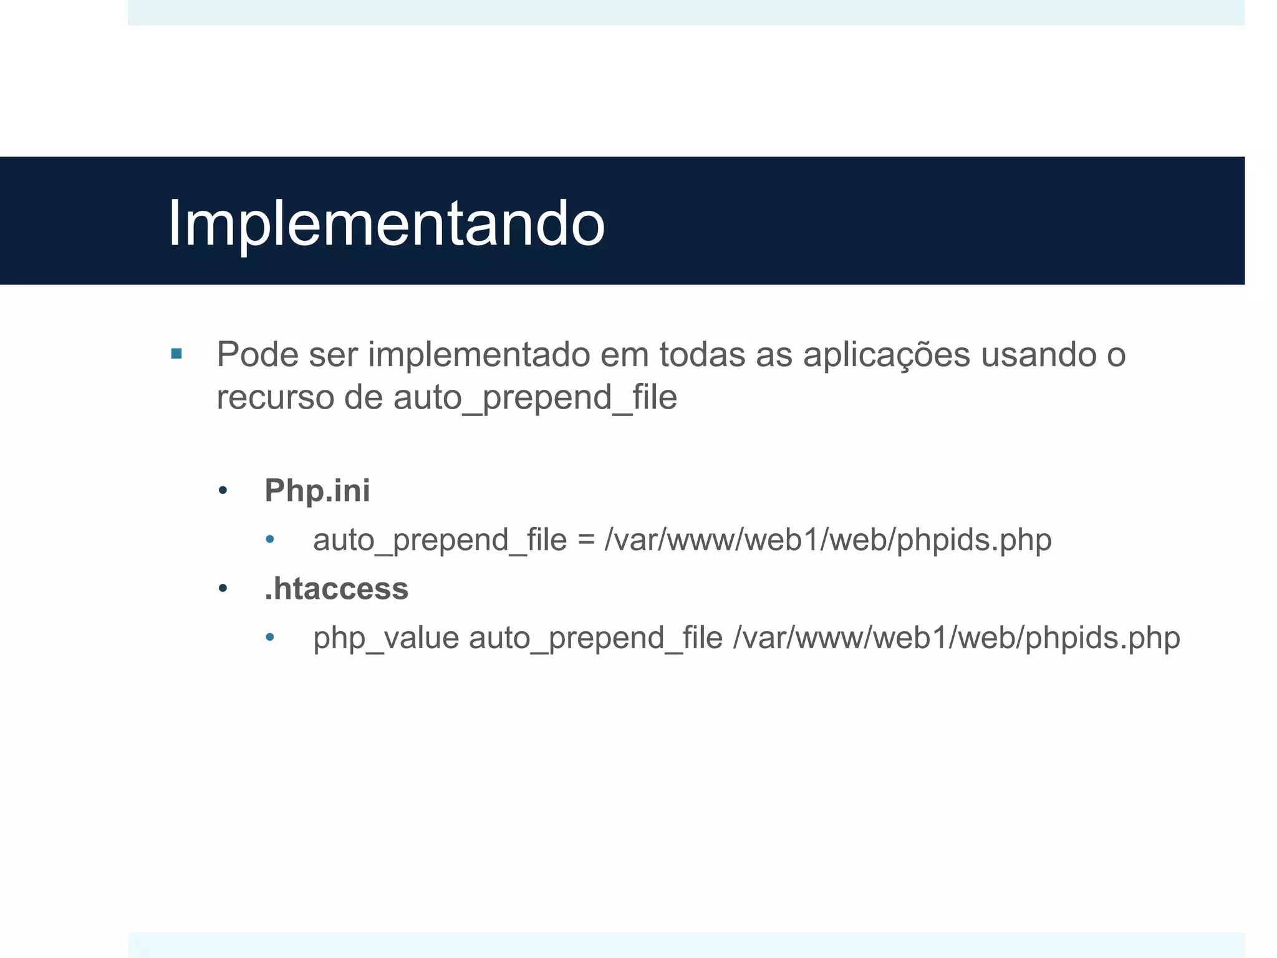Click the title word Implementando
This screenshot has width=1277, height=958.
tap(386, 224)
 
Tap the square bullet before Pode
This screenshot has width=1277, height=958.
tap(176, 354)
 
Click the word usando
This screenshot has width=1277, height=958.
tap(1038, 355)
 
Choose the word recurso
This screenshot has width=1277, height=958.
tap(274, 398)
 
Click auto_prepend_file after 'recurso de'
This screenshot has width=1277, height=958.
tap(535, 398)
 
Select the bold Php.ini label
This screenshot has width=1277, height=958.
tap(317, 490)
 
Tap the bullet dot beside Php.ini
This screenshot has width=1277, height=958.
tap(223, 491)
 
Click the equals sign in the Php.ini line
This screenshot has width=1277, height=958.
tap(585, 540)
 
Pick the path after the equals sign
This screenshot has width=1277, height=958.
tap(828, 540)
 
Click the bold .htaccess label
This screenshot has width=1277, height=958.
tap(337, 589)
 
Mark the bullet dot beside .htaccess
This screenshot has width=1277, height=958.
tap(223, 588)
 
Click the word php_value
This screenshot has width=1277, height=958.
tap(386, 638)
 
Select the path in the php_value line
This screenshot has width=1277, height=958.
tap(957, 638)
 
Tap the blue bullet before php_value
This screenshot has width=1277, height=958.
tap(270, 637)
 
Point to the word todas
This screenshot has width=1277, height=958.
tap(702, 355)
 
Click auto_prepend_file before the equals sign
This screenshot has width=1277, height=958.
tap(440, 540)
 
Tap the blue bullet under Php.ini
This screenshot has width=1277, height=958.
tap(270, 539)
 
